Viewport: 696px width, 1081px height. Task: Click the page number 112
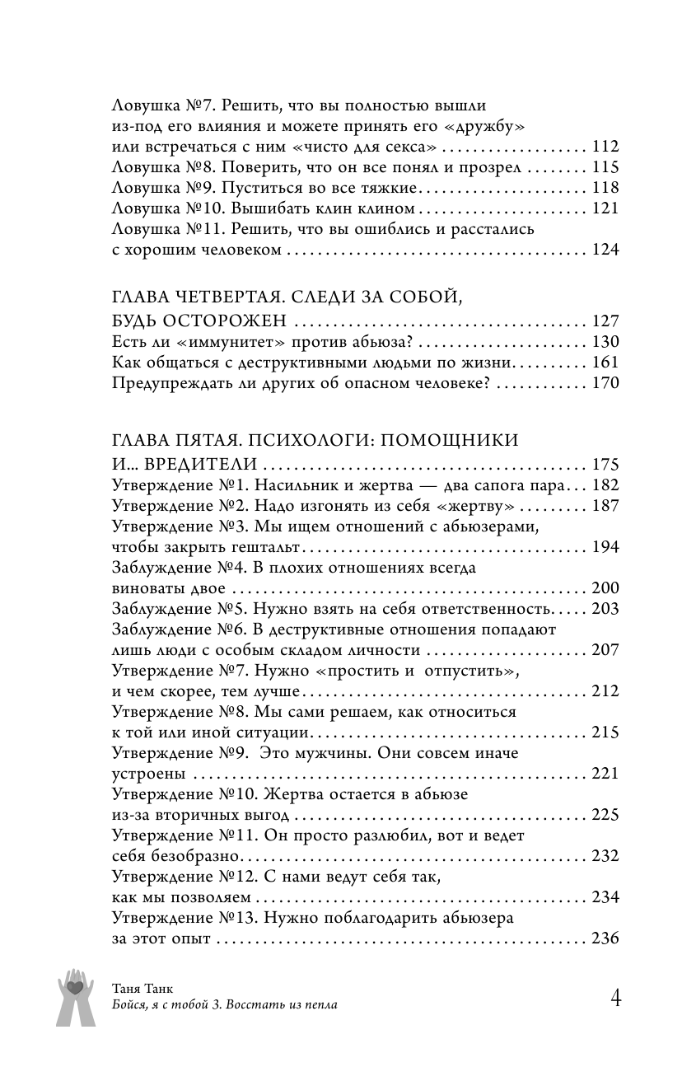coord(605,148)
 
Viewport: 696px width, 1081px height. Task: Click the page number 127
coord(605,322)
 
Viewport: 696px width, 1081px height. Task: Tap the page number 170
coord(605,383)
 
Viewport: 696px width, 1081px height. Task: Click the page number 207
coord(605,650)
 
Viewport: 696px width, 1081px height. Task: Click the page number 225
coord(605,816)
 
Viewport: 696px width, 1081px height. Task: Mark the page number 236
coord(605,938)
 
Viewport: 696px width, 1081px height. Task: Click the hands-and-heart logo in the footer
coord(76,996)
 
